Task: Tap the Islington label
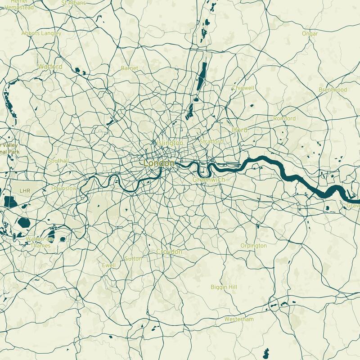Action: (168, 143)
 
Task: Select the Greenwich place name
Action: (208, 180)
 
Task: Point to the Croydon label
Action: (169, 252)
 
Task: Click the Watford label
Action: (50, 67)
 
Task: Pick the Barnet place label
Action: (130, 68)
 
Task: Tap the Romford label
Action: (284, 118)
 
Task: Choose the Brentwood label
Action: (333, 90)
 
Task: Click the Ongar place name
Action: (310, 34)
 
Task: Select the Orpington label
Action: (253, 246)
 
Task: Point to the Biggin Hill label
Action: (224, 287)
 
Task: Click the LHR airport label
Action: (25, 191)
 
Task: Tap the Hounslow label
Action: (64, 189)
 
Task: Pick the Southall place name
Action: (58, 161)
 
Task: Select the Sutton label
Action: (133, 259)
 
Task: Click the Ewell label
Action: (109, 265)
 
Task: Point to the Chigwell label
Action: (243, 88)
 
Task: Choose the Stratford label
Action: (211, 142)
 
